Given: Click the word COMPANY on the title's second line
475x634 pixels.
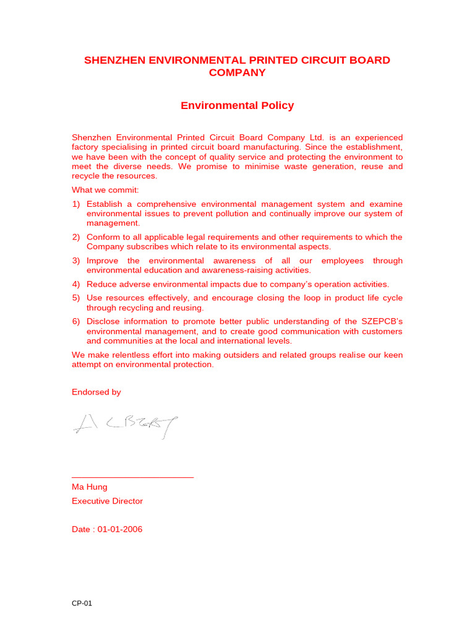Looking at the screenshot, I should [x=237, y=72].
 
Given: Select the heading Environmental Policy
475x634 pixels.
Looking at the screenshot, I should [x=237, y=105].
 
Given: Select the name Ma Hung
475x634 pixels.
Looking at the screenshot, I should [x=89, y=487].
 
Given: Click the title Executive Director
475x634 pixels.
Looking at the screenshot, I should [x=107, y=501].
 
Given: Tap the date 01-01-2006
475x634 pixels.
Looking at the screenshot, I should [x=119, y=529].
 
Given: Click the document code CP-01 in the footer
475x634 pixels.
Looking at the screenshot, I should [x=82, y=604].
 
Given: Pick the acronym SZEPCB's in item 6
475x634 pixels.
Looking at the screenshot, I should [x=382, y=321].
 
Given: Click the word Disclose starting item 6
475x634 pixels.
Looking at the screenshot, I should [x=104, y=321].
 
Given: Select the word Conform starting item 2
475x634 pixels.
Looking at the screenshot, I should [x=103, y=237].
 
